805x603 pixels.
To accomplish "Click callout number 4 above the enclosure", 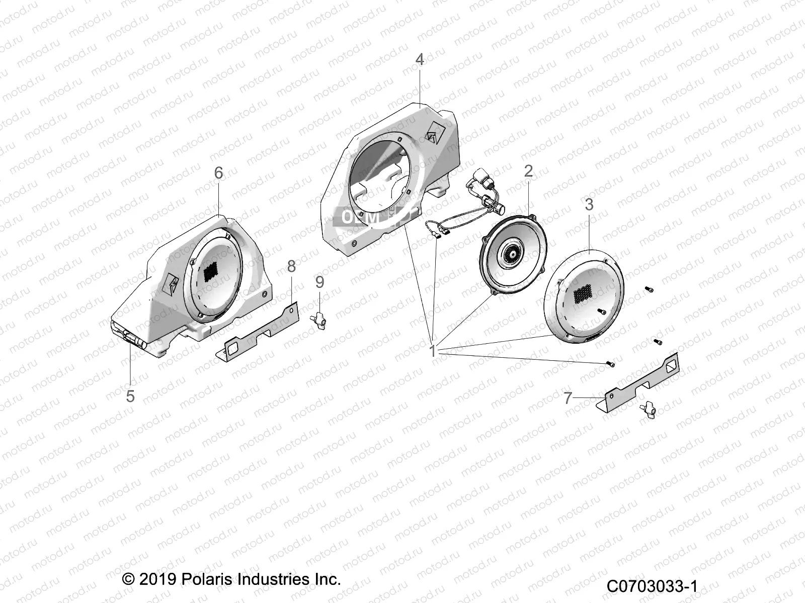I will (419, 59).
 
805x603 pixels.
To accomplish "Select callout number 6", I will (218, 173).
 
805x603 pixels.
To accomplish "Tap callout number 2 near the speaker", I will (528, 171).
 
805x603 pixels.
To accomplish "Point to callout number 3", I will (589, 205).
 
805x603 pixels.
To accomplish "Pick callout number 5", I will (130, 396).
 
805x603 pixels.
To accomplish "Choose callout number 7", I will (568, 398).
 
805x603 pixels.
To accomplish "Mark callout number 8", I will (291, 266).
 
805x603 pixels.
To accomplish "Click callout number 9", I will (319, 282).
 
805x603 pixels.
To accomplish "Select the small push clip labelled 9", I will (319, 318).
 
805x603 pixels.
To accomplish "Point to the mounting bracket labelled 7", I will (639, 382).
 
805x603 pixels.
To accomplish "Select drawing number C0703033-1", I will (652, 586).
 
